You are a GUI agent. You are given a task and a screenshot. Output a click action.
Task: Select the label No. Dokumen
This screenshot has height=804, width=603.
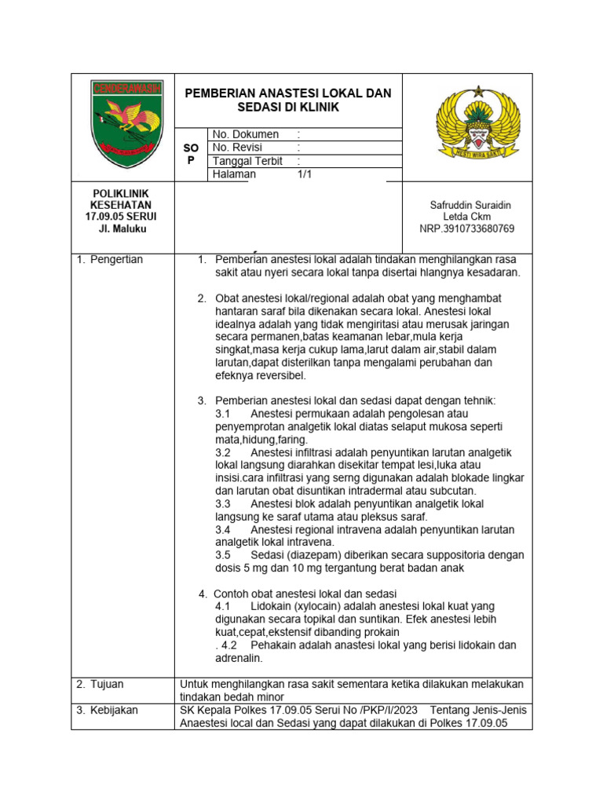point(246,134)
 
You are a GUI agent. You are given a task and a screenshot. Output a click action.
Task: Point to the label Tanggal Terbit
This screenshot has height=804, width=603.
point(248,161)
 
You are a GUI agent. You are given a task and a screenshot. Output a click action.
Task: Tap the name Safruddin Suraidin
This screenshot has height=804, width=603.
point(470,205)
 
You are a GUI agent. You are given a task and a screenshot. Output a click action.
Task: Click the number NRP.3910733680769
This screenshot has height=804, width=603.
point(467,228)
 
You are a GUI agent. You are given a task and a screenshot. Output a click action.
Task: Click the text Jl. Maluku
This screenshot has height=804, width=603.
point(122,228)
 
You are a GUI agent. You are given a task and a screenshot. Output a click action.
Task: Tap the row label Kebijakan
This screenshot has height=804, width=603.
point(111,710)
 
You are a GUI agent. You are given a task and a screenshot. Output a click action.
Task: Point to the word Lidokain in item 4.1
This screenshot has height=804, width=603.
point(270,606)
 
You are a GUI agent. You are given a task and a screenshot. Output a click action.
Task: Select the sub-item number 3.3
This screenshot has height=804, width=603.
point(222,503)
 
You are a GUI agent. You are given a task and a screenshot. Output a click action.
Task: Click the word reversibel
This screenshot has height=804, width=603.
point(278,375)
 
